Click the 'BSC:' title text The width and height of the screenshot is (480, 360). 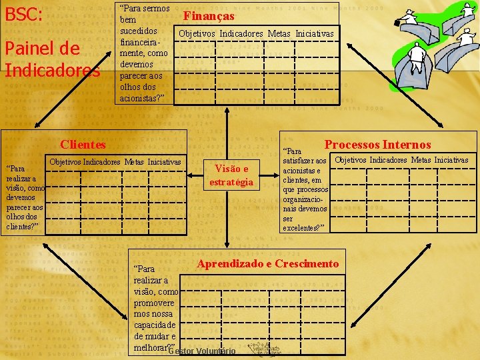24,14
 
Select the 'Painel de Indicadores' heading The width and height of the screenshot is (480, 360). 52,59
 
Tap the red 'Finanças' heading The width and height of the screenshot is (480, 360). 209,15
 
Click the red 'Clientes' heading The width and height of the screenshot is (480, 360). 83,144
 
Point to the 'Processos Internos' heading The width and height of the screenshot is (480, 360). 377,144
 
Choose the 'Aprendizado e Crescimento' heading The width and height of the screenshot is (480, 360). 268,263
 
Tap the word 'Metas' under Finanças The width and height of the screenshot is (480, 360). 280,33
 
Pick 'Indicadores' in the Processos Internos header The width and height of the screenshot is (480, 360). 387,160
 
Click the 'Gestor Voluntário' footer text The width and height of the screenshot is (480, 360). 202,351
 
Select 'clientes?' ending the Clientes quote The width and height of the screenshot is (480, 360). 22,226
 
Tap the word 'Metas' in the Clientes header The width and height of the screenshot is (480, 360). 133,162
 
